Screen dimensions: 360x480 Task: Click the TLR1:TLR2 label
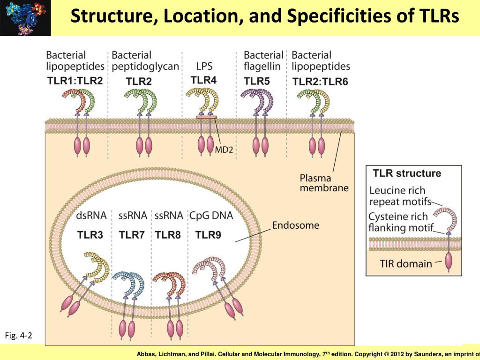pyautogui.click(x=75, y=80)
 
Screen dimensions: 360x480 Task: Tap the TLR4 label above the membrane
pyautogui.click(x=203, y=80)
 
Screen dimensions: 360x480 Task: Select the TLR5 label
pyautogui.click(x=257, y=81)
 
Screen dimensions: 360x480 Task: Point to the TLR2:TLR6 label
pyautogui.click(x=320, y=82)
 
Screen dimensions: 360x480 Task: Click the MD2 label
pyautogui.click(x=224, y=150)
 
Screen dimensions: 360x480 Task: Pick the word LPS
pyautogui.click(x=205, y=67)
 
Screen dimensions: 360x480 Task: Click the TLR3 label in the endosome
pyautogui.click(x=90, y=235)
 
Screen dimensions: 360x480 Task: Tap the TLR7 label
pyautogui.click(x=131, y=235)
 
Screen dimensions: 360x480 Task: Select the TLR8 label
pyautogui.click(x=168, y=235)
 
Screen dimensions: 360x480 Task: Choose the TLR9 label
pyautogui.click(x=208, y=235)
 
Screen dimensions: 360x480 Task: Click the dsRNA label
pyautogui.click(x=91, y=216)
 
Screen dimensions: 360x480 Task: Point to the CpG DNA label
pyautogui.click(x=211, y=216)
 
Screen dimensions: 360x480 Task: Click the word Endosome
pyautogui.click(x=296, y=225)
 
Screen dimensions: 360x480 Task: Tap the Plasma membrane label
pyautogui.click(x=324, y=183)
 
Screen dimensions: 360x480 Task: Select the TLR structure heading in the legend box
pyautogui.click(x=407, y=173)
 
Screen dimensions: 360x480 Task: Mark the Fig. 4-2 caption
pyautogui.click(x=18, y=336)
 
